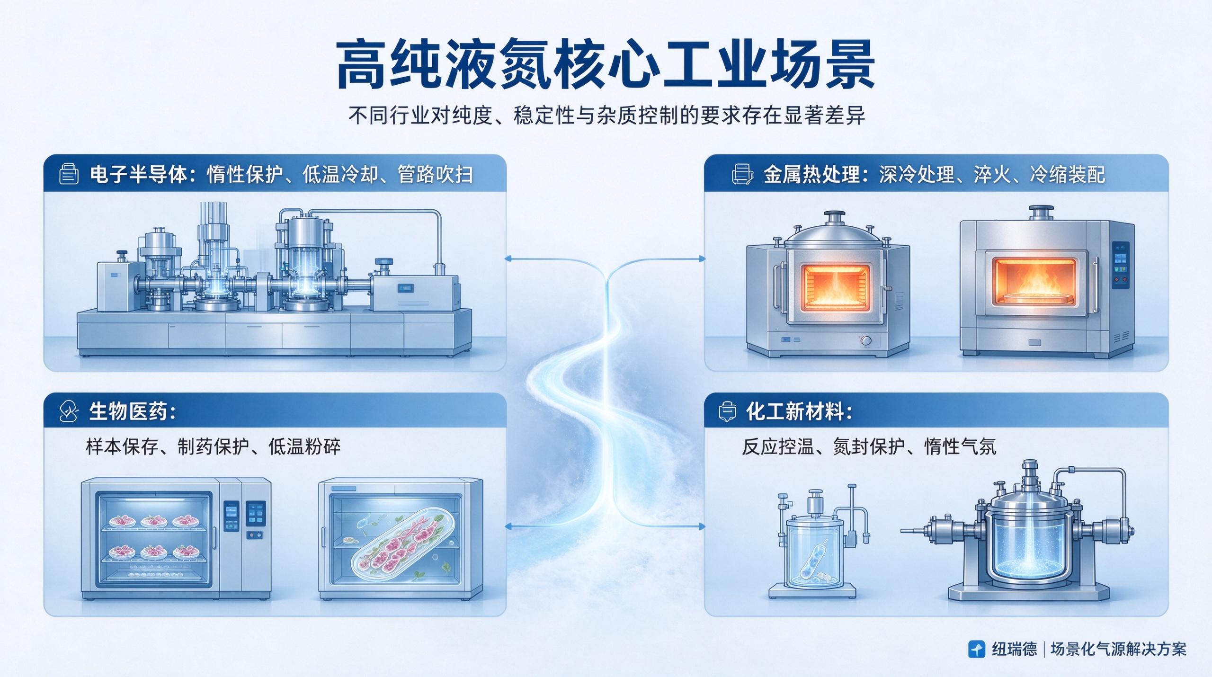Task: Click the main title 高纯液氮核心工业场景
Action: [606, 65]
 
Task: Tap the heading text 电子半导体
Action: [138, 174]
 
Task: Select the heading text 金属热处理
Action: [811, 174]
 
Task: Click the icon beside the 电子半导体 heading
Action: [69, 174]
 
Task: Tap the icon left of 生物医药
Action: [68, 411]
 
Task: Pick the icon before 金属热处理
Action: [742, 174]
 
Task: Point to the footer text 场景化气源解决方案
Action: [1118, 649]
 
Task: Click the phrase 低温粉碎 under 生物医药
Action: [304, 446]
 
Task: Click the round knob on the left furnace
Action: [865, 341]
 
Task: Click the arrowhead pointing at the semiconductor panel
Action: [508, 258]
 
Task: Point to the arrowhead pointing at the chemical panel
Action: [702, 526]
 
